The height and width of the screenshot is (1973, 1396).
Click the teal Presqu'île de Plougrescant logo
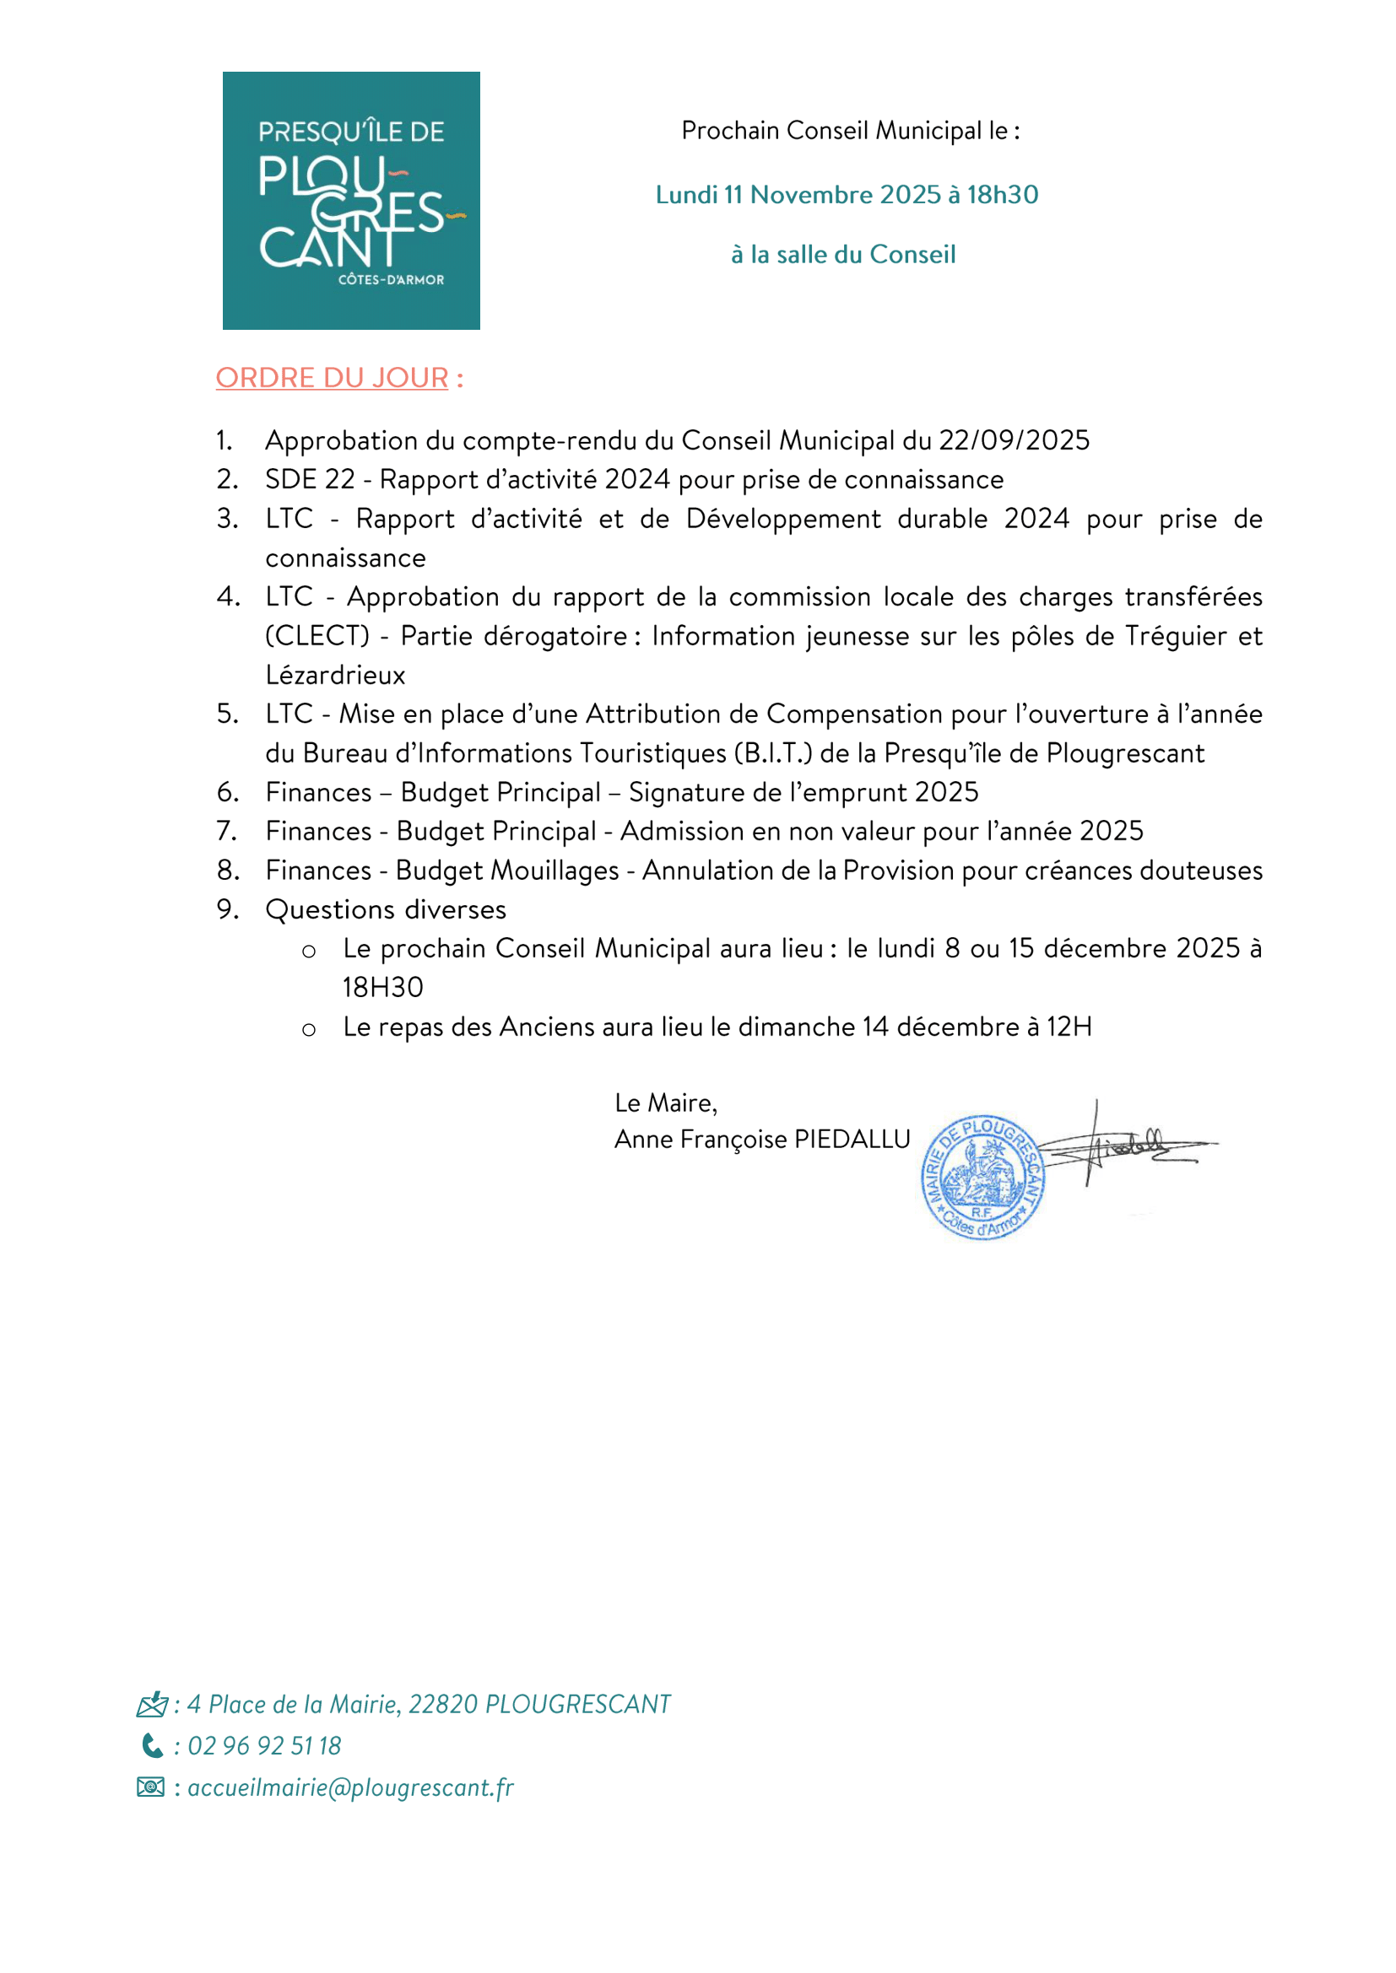[351, 200]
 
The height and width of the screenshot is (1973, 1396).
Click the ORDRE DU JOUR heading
[332, 378]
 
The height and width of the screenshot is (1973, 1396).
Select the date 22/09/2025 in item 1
[1014, 441]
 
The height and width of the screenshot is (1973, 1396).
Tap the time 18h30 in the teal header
[1003, 195]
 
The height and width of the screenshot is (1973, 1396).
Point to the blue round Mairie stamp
[982, 1178]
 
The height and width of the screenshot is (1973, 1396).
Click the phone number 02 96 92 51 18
[265, 1746]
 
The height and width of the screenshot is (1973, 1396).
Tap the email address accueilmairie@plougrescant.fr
[351, 1787]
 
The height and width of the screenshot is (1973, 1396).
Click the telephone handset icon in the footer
[151, 1745]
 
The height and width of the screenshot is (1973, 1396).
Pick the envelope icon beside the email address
[150, 1787]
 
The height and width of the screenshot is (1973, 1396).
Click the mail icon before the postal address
[151, 1704]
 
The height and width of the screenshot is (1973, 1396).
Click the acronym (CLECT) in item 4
[317, 636]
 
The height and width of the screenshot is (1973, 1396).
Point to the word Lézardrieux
[335, 676]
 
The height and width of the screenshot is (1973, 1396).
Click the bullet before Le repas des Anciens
[309, 1028]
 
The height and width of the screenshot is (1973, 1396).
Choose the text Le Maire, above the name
[665, 1102]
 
